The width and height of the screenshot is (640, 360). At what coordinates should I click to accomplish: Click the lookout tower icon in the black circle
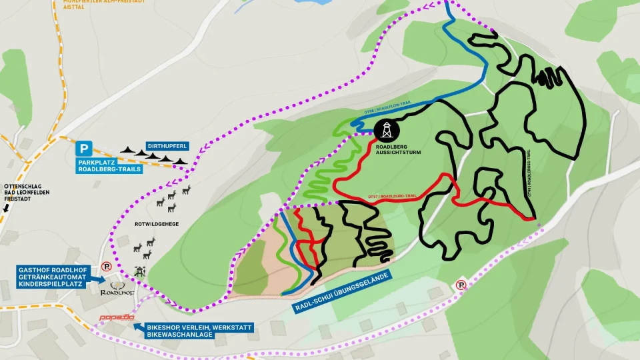[388, 129]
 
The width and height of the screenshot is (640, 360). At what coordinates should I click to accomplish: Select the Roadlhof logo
[117, 292]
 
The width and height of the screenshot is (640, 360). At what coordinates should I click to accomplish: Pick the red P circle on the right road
[460, 285]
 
